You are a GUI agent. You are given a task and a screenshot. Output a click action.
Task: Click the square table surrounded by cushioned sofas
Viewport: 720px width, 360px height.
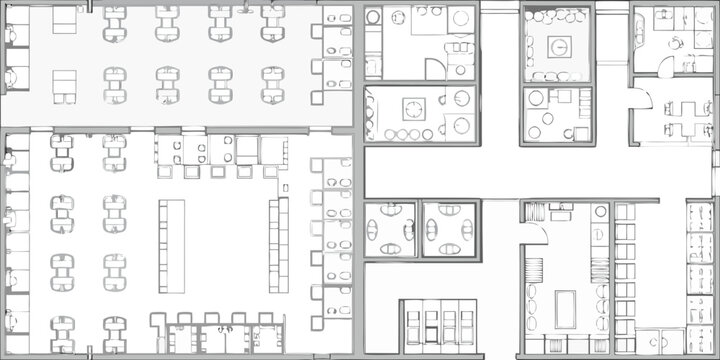558,46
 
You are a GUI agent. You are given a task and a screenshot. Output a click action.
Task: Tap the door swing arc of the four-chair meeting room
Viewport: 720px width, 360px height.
641,99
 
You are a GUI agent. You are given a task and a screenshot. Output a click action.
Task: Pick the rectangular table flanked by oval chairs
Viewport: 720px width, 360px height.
565,307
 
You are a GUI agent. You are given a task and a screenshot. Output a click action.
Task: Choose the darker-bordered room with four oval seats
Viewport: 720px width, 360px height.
450,229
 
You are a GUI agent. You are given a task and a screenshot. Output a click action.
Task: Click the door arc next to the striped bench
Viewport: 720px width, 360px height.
534,233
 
